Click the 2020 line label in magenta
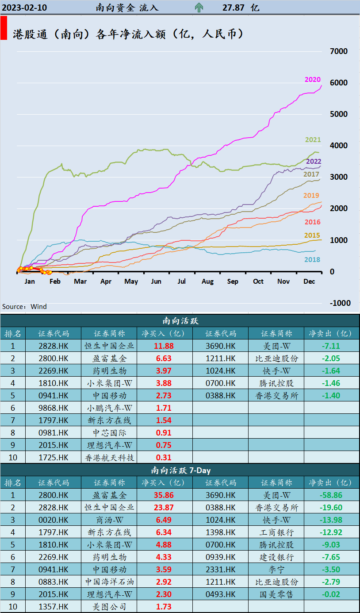[313, 80]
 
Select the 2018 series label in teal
[312, 260]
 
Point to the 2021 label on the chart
[313, 140]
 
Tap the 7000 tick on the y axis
[339, 51]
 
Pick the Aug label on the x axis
[207, 281]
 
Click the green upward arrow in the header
[199, 8]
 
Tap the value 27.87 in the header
[234, 8]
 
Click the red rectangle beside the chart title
[4, 28]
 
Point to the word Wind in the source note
[39, 307]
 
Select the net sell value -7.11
[329, 346]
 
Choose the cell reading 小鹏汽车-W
[109, 408]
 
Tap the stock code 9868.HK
[54, 408]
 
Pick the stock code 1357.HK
[54, 607]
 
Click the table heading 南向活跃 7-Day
[180, 470]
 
